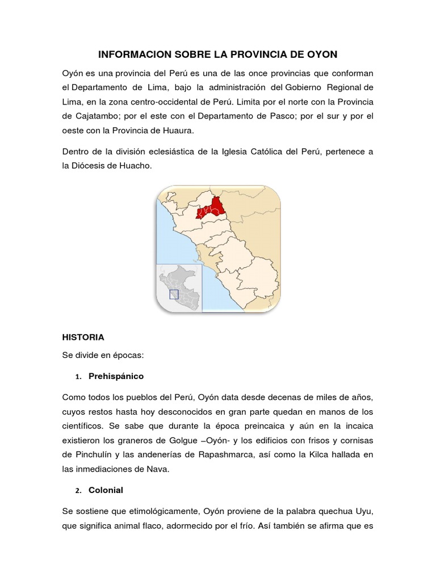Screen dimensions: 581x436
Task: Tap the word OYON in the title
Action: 321,54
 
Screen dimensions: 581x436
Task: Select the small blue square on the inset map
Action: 174,294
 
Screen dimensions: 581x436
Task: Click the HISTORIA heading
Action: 83,337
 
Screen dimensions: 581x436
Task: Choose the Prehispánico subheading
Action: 116,376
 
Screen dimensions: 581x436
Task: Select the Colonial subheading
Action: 106,489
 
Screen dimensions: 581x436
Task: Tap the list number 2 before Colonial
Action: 78,490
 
